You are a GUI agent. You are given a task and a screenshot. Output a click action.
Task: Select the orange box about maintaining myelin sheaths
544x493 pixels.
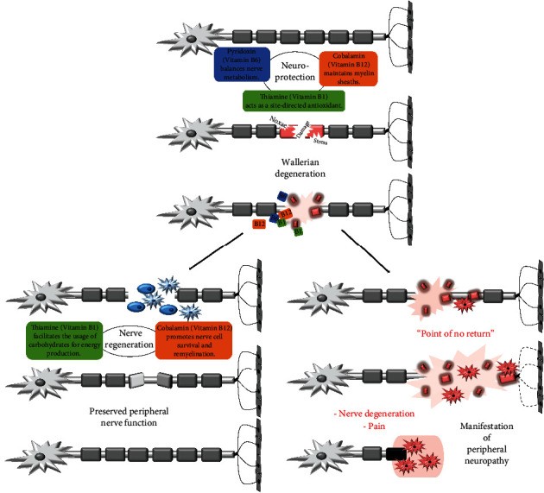(348, 66)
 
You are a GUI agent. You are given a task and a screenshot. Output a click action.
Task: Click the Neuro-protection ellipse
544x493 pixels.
(293, 69)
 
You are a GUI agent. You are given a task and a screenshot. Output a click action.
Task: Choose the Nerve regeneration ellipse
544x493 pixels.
(128, 335)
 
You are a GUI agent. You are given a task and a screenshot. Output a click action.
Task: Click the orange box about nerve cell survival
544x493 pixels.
(196, 338)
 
